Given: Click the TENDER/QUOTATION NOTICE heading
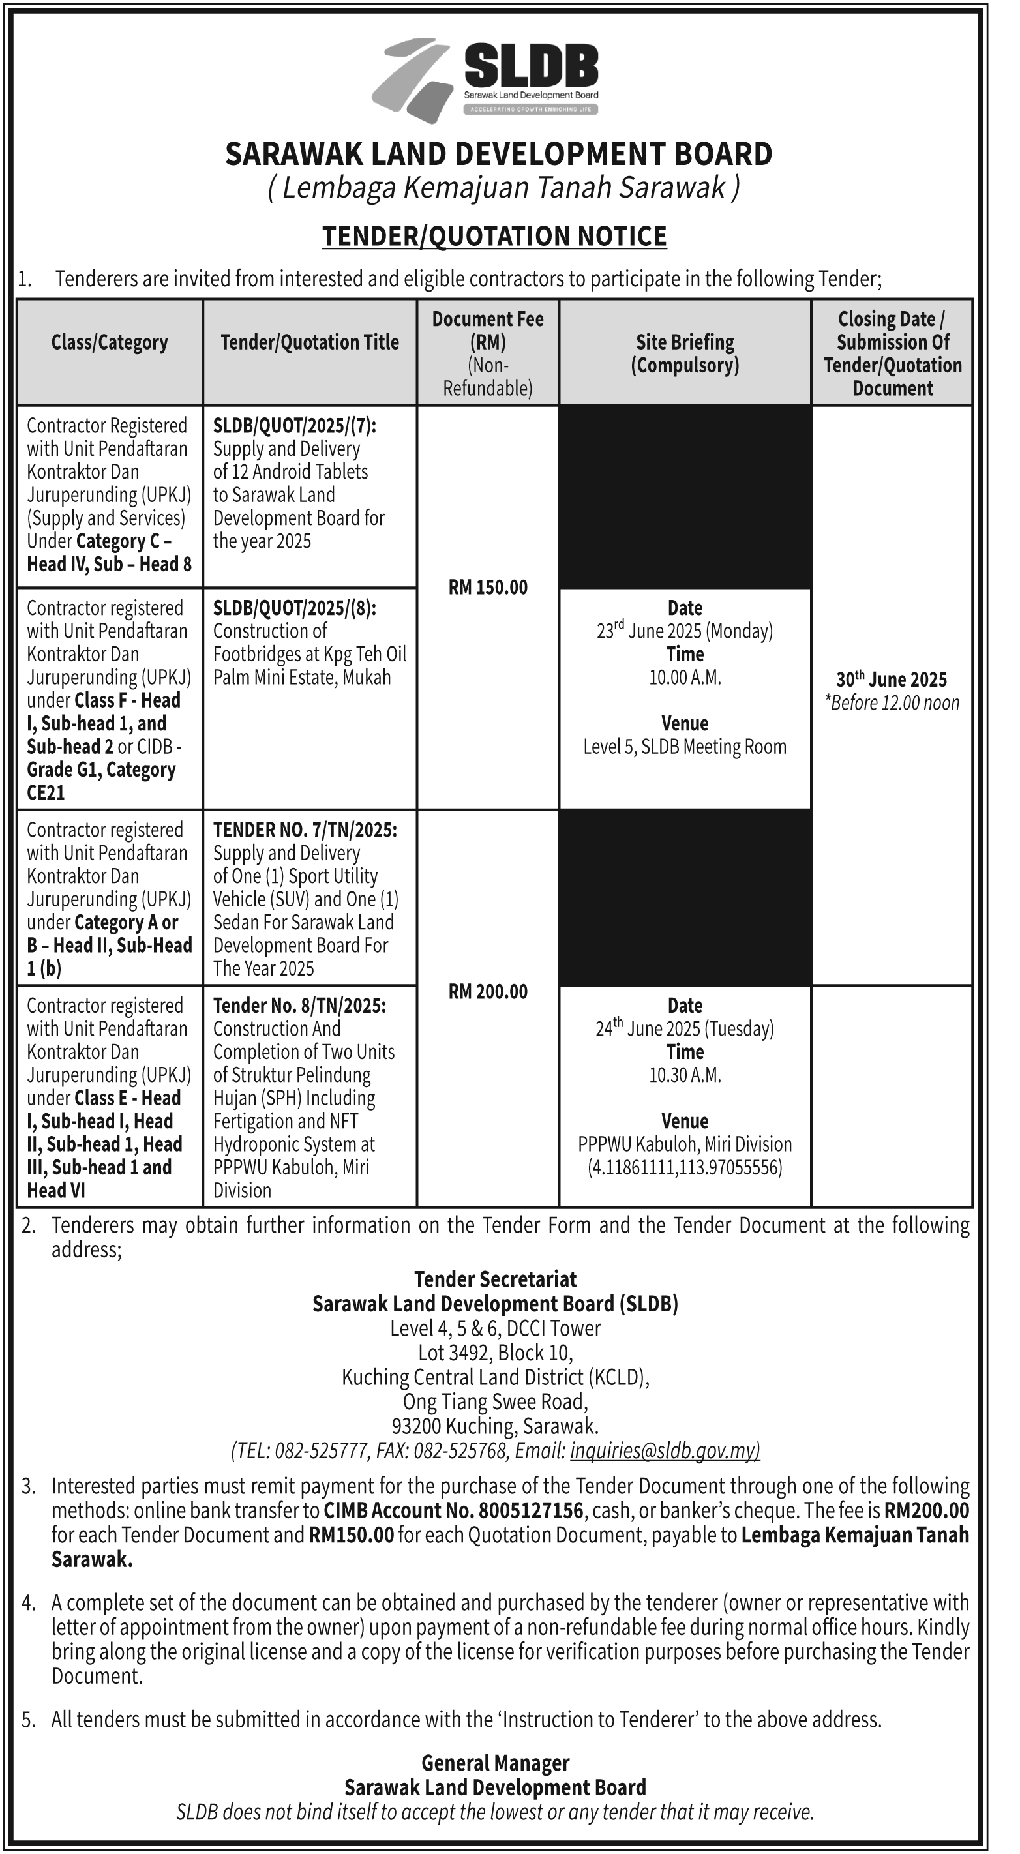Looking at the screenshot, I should point(494,236).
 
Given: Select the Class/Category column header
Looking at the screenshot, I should point(110,342).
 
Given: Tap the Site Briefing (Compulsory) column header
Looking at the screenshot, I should point(685,353).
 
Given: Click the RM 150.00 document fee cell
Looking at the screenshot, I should point(487,588).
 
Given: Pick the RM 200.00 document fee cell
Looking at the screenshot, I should point(487,992).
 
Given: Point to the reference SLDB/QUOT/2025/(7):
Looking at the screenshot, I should point(294,425).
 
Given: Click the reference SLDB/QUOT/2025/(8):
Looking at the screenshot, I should point(294,608).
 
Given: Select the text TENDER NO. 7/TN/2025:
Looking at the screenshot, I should point(305,830).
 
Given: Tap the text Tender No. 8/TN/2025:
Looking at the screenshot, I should point(299,1006).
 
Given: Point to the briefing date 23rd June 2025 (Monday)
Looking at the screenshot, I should point(685,631).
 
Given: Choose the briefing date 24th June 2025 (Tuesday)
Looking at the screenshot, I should point(685,1028).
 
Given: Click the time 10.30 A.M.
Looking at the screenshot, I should point(685,1075).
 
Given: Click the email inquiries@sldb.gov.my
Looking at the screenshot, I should point(665,1450).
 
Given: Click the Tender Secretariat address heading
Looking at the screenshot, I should point(495,1279).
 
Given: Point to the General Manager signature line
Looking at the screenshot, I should point(495,1763).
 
